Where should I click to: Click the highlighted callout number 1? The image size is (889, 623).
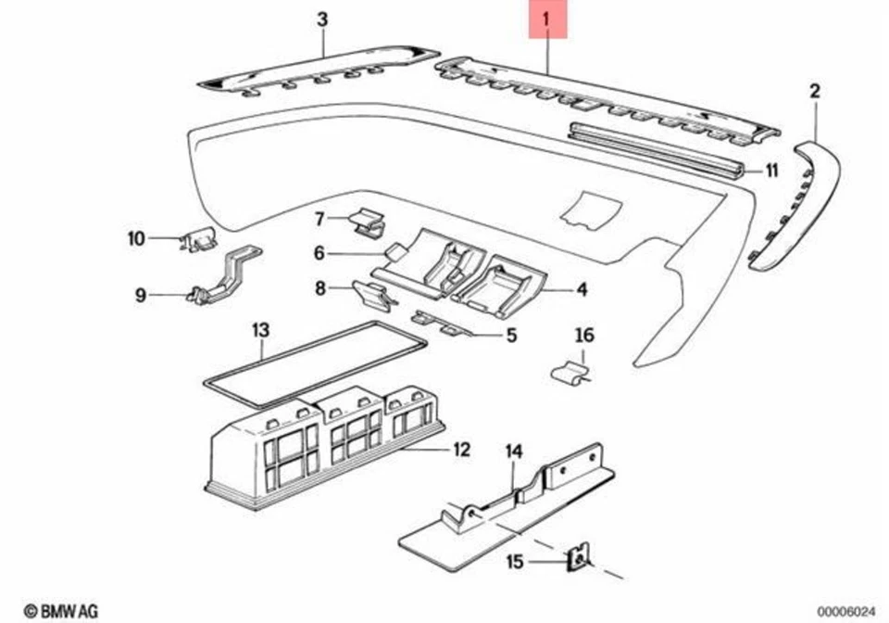546,19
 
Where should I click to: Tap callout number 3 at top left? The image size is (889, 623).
322,19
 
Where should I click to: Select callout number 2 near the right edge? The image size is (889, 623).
815,91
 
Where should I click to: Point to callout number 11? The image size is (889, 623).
771,171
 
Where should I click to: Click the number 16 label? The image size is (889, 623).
584,335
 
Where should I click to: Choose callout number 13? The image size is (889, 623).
260,329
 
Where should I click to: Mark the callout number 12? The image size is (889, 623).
461,451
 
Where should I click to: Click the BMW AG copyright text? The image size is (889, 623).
60,611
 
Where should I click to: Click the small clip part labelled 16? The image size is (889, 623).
570,373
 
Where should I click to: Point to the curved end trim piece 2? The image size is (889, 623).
796,204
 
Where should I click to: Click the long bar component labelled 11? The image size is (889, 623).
657,146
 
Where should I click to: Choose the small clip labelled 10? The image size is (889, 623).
201,241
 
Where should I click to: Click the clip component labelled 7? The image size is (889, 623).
369,222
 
